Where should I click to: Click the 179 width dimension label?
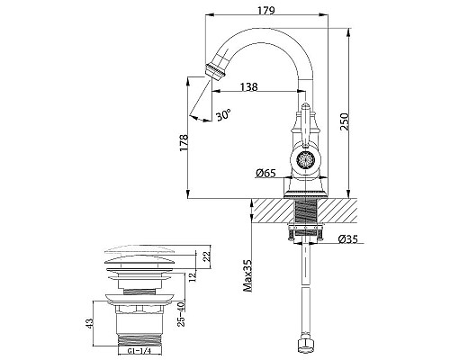coord(266,10)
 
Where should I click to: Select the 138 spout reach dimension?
coord(248,86)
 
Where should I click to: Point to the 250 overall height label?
coord(345,121)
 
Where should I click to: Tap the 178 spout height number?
coord(184,142)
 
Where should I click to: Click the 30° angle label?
coord(223,114)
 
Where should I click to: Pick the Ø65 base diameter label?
coord(265,173)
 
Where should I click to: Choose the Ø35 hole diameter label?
coord(348,238)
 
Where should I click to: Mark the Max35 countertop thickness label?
coord(247,275)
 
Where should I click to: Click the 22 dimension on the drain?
coord(207,256)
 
